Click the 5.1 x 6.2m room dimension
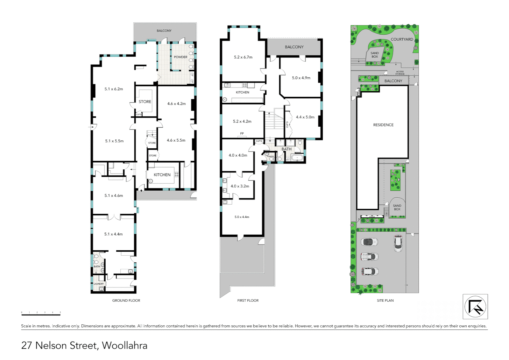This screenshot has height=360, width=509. point(114,89)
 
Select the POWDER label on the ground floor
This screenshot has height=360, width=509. point(181,57)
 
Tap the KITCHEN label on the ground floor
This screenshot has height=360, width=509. point(162,175)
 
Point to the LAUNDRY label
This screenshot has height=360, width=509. point(99,284)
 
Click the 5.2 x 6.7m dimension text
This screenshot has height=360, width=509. point(243,57)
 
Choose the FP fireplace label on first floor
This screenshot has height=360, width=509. point(242,134)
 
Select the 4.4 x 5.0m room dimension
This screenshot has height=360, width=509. point(305,117)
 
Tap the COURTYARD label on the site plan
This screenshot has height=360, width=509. point(402,39)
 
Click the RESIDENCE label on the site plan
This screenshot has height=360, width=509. point(383,125)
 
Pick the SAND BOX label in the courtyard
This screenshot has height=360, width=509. point(375,55)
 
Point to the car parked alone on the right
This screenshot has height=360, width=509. point(398,243)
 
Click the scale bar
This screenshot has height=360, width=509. point(41,313)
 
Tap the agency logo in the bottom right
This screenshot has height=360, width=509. point(475,307)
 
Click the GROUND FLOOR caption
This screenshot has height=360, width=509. point(126,301)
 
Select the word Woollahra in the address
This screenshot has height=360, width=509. point(125,346)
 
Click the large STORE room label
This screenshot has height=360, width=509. point(145,102)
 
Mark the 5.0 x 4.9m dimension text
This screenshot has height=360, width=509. point(301,78)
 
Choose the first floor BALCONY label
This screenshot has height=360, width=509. point(294,47)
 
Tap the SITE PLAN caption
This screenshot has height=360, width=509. point(385,301)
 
